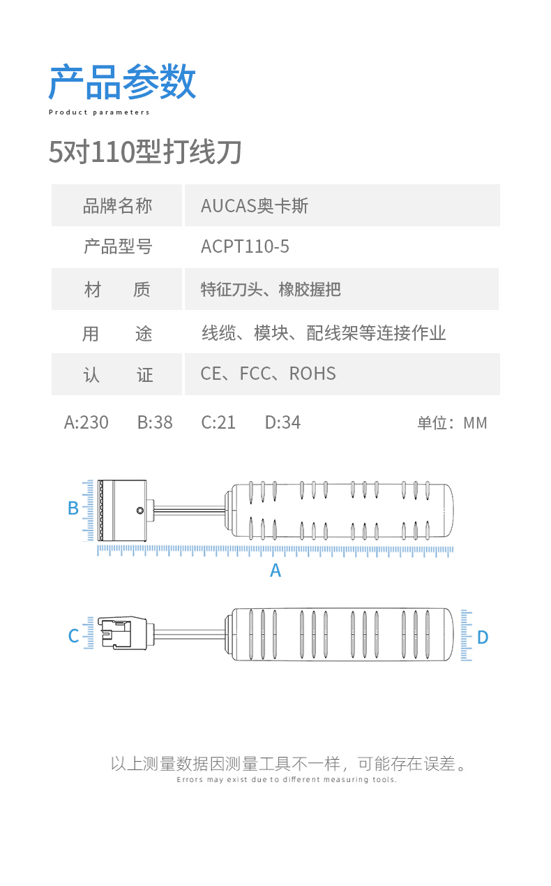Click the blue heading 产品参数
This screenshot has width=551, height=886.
[x=122, y=82]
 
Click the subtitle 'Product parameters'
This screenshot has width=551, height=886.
[x=99, y=112]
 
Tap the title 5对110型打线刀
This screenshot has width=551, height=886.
[x=145, y=152]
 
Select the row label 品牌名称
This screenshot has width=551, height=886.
[x=116, y=205]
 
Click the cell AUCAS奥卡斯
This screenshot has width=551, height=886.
[x=254, y=205]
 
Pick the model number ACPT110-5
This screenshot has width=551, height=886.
[x=245, y=246]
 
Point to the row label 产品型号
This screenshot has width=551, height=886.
[x=116, y=246]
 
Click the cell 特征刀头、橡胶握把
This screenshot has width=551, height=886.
[x=271, y=289]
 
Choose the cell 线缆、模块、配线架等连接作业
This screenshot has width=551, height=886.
[x=323, y=332]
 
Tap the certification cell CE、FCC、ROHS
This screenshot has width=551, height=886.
[x=268, y=374]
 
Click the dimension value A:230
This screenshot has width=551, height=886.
[x=86, y=422]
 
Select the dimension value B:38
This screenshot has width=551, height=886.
[x=155, y=422]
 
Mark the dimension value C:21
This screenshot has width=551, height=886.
[x=218, y=422]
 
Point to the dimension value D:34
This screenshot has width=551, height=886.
[x=282, y=422]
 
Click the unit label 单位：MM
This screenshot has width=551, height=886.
[x=452, y=423]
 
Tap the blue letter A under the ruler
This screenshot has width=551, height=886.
[x=275, y=570]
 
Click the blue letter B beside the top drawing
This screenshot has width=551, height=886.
[x=73, y=508]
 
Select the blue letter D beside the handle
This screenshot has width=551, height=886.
[x=483, y=637]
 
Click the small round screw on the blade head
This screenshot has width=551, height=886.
[x=140, y=510]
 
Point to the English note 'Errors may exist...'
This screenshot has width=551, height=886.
[x=287, y=780]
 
